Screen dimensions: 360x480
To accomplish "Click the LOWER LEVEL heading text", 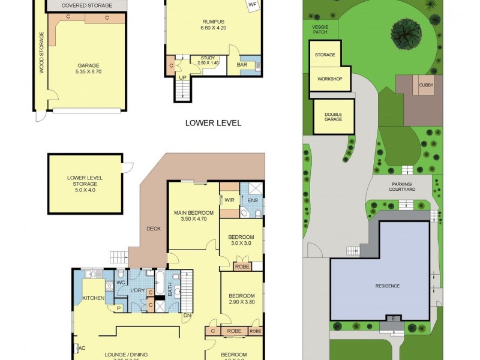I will point(213,123).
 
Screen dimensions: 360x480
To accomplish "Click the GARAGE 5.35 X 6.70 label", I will point(88,69).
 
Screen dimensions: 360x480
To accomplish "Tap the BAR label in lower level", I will point(242,64).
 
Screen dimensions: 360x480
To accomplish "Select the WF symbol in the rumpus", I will point(252,4).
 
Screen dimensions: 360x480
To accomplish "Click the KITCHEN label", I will point(93,298).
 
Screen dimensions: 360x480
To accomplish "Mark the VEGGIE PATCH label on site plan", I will point(320,29).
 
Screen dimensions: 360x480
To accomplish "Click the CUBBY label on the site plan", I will point(427,85).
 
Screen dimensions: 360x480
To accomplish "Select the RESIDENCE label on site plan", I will point(387,286).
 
